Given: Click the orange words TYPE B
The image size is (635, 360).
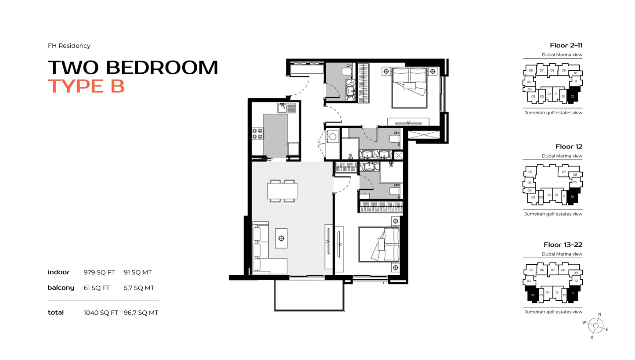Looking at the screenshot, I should pyautogui.click(x=87, y=86).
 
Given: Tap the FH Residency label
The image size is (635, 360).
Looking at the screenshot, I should pyautogui.click(x=69, y=46).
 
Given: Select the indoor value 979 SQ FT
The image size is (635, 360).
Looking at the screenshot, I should pyautogui.click(x=99, y=273).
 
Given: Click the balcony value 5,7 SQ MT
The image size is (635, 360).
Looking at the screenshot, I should pyautogui.click(x=139, y=288).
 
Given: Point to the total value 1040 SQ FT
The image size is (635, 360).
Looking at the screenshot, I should pyautogui.click(x=101, y=313).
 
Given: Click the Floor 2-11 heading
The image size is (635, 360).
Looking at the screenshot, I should pyautogui.click(x=566, y=46).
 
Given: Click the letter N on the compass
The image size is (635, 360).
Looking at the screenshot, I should pyautogui.click(x=600, y=314).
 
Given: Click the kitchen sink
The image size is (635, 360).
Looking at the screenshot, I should pyautogui.click(x=282, y=107).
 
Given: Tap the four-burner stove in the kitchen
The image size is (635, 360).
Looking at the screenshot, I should pyautogui.click(x=257, y=133).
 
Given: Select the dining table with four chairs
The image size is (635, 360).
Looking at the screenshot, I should pyautogui.click(x=282, y=191).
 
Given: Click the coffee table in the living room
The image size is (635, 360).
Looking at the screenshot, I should pyautogui.click(x=281, y=238).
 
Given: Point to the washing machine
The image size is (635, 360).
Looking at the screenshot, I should pyautogui.click(x=333, y=137).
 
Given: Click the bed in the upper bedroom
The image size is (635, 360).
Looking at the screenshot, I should pyautogui.click(x=409, y=87).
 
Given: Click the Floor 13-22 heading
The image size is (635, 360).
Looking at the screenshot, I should pyautogui.click(x=563, y=245).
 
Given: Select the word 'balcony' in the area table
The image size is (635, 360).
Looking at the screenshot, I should pyautogui.click(x=61, y=288).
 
